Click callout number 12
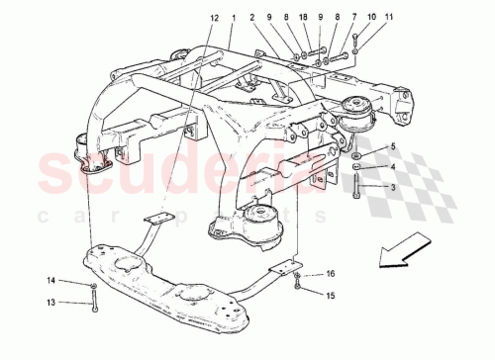pyautogui.click(x=214, y=18)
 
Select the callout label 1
pyautogui.click(x=233, y=18)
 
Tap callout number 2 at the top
pyautogui.click(x=252, y=18)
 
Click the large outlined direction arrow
pyautogui.click(x=403, y=251)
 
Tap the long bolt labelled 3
pyautogui.click(x=353, y=186)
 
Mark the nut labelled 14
pyautogui.click(x=92, y=285)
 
